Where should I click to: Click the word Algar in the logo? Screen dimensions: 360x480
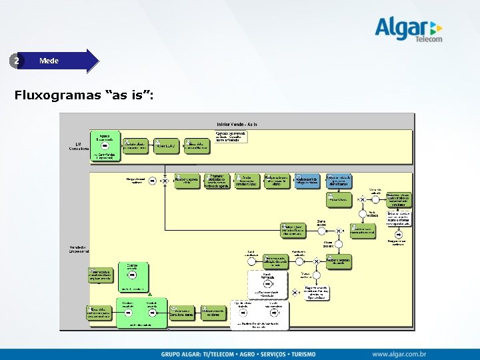point(399,28)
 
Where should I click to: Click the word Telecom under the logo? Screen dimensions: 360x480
point(428,39)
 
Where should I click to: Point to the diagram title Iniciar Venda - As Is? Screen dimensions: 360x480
point(237,123)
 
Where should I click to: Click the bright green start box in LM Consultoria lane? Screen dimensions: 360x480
point(105,147)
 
